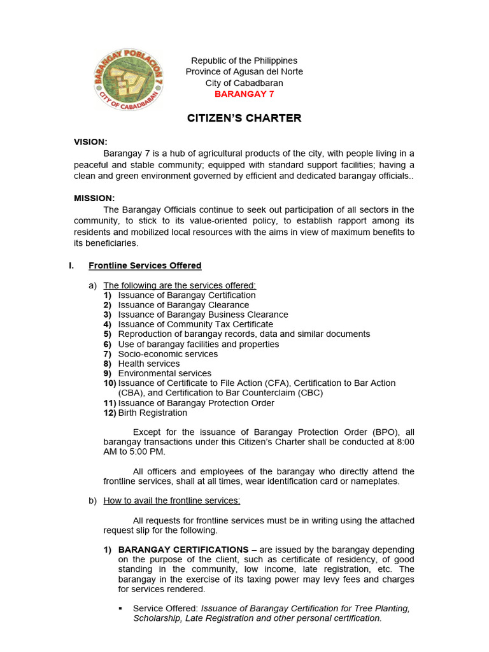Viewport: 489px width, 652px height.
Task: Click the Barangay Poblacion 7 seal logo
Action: [125, 80]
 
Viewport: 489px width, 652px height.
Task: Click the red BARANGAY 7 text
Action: [244, 94]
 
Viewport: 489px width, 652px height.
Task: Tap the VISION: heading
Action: [90, 142]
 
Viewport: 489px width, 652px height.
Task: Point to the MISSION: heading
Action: [94, 199]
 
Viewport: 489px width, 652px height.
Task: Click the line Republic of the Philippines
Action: [244, 60]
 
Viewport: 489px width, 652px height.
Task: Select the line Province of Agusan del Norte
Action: [244, 71]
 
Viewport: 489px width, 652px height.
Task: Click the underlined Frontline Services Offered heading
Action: [145, 266]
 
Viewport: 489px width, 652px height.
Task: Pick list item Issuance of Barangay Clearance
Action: [183, 305]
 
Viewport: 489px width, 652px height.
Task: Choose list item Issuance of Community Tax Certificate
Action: [195, 325]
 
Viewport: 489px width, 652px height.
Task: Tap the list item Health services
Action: [149, 364]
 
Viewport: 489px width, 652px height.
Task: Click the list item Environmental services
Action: [165, 374]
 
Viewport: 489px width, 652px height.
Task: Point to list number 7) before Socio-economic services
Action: [108, 354]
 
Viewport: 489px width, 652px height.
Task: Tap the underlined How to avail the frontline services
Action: [171, 500]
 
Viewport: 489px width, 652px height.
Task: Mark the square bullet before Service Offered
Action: [121, 609]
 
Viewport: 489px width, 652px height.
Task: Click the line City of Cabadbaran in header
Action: [244, 83]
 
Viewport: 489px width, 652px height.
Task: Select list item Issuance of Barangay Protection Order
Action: [196, 403]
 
